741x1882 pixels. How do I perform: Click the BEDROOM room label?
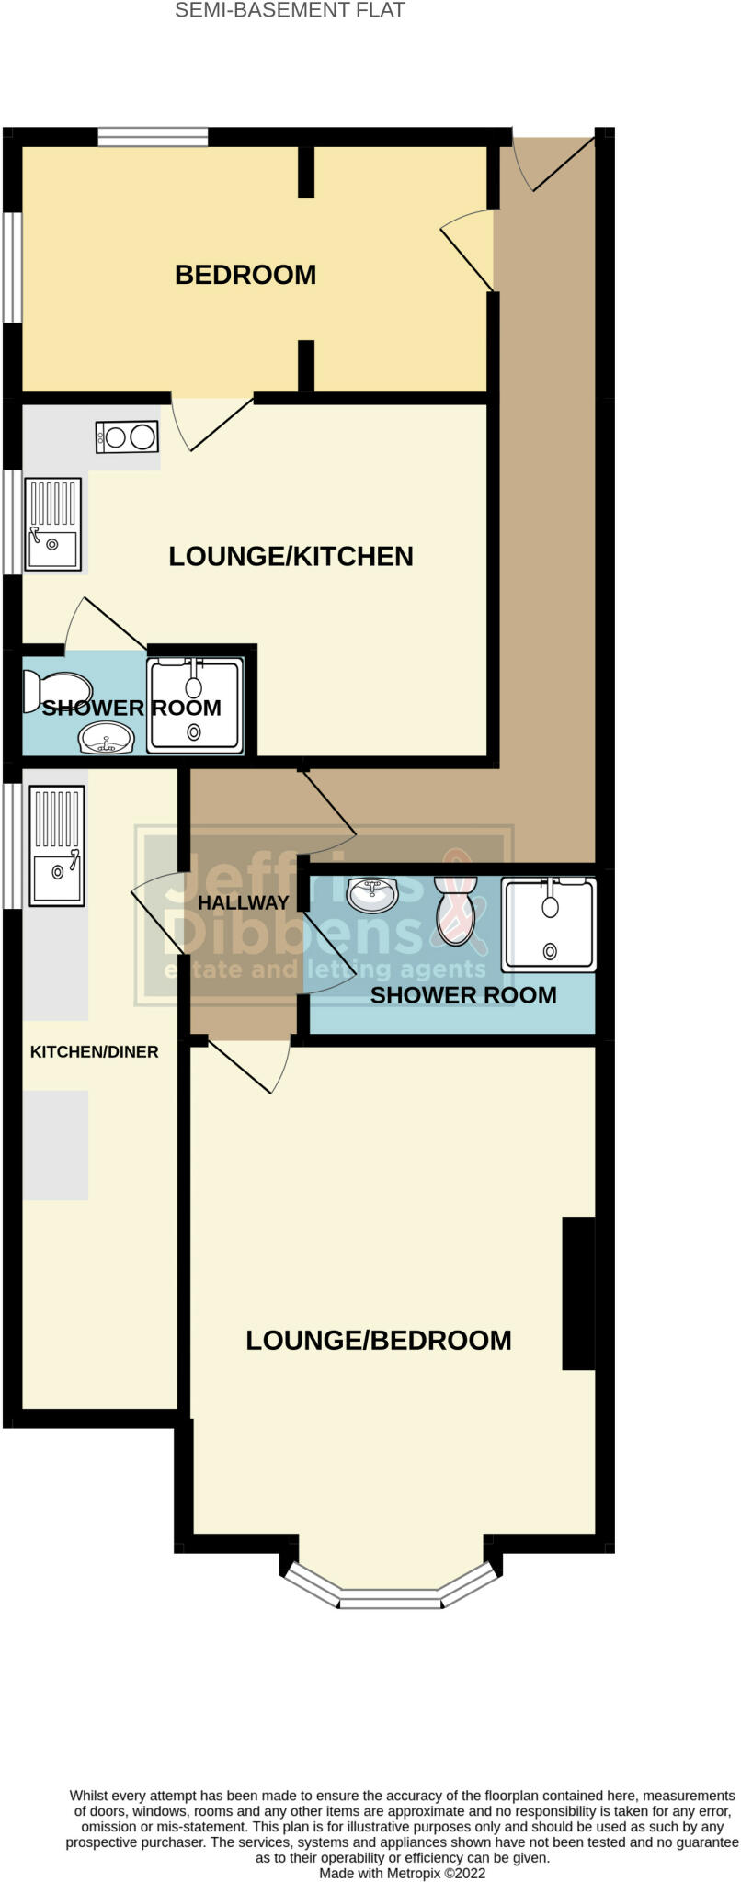point(245,275)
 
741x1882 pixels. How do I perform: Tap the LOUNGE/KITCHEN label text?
point(291,556)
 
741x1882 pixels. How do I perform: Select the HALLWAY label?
point(244,903)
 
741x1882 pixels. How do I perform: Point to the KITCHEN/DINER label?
point(95,1051)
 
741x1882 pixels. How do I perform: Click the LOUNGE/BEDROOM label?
point(379,1340)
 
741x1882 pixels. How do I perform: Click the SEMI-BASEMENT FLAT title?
point(290,11)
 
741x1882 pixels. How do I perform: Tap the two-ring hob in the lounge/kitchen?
point(127,436)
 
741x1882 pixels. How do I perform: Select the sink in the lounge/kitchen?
point(53,525)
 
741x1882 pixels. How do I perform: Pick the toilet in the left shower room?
point(57,689)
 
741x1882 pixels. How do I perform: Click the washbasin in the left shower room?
point(107,737)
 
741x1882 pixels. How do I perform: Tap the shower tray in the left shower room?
point(196,705)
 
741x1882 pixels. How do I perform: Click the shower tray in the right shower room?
point(549,924)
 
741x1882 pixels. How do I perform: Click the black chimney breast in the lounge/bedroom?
point(578,1293)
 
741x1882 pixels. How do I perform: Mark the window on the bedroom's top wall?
point(153,137)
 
